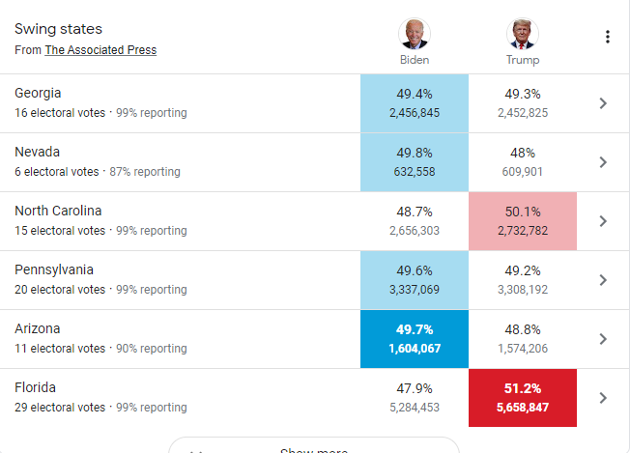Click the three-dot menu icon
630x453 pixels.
(x=608, y=37)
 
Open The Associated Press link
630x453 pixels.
(x=100, y=50)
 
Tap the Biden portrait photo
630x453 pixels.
(x=415, y=34)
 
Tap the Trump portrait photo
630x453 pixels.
(x=523, y=34)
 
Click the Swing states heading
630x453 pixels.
(x=58, y=29)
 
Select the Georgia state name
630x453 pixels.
(x=38, y=93)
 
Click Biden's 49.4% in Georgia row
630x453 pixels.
(x=415, y=94)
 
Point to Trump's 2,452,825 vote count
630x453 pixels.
(x=523, y=113)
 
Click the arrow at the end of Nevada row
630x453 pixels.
(x=603, y=162)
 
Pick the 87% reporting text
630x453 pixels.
(x=145, y=172)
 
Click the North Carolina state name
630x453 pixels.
(x=58, y=211)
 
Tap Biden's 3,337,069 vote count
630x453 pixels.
(x=415, y=290)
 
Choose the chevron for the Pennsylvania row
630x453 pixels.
(x=603, y=280)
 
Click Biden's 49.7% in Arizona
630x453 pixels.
(x=415, y=329)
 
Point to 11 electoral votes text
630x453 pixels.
(x=60, y=348)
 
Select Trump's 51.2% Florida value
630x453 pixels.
(x=523, y=388)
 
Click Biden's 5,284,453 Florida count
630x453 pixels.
(x=415, y=408)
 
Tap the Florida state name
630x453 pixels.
(x=35, y=387)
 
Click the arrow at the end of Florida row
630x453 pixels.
(x=603, y=398)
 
